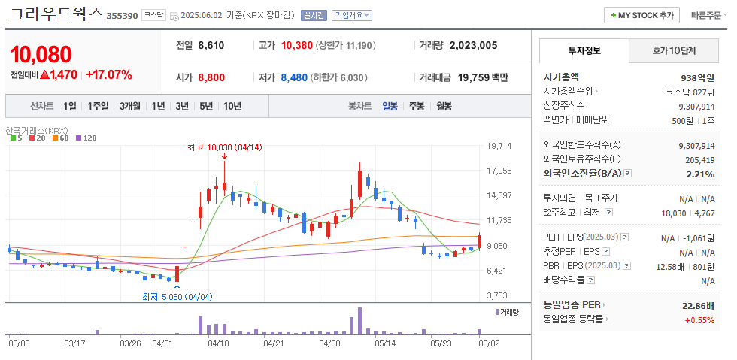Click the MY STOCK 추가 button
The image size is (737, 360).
tap(641, 15)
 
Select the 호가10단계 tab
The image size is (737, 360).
tap(673, 51)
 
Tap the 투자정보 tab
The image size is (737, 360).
tap(584, 51)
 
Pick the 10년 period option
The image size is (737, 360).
tap(232, 106)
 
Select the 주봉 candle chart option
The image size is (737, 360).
tap(417, 106)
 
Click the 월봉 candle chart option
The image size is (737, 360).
tap(444, 106)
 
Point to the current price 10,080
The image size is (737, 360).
tap(41, 54)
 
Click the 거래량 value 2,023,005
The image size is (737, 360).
tap(473, 45)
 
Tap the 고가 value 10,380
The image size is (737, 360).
tap(296, 45)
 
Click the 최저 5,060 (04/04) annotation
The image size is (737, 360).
tap(177, 296)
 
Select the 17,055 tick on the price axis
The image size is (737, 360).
tap(499, 171)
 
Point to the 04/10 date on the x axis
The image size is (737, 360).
tap(218, 343)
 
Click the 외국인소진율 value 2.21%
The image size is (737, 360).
tap(700, 174)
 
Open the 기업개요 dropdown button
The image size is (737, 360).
tap(352, 15)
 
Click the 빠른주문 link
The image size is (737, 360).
tap(707, 15)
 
